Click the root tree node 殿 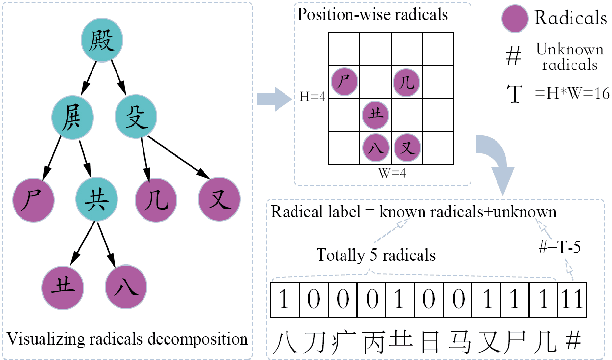[102, 41]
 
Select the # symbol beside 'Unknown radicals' [512, 56]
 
